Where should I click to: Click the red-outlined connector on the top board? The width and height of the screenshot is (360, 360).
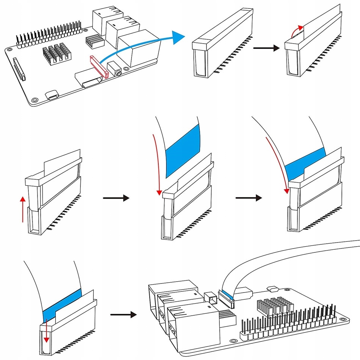pyautogui.click(x=99, y=67)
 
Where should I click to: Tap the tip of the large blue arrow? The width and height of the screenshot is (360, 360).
pyautogui.click(x=182, y=37)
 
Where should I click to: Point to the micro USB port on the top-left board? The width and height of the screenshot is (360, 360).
pyautogui.click(x=52, y=95)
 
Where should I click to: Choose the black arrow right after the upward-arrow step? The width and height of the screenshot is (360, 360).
pyautogui.click(x=116, y=198)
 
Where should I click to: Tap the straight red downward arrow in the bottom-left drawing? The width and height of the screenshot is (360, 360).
pyautogui.click(x=47, y=329)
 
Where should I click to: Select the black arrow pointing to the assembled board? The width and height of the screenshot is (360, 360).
pyautogui.click(x=123, y=314)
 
